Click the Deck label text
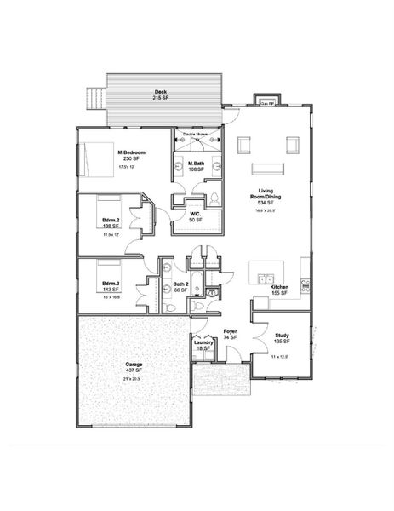pos(160,95)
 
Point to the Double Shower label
pos(196,135)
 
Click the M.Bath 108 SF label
pos(197,166)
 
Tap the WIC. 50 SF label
pos(194,217)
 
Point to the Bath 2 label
pos(180,287)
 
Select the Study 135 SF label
pos(283,338)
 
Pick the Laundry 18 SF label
pos(204,346)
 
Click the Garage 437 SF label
pos(134,367)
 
